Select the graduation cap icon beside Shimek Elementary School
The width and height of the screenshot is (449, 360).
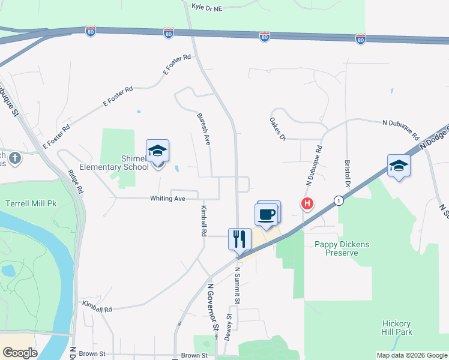[157, 151]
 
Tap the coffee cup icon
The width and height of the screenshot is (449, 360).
[267, 214]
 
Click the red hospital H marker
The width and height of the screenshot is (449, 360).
[307, 205]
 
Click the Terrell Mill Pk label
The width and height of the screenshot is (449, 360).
[31, 204]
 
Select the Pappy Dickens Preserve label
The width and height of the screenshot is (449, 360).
[342, 248]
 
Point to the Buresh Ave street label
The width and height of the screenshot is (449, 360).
[203, 128]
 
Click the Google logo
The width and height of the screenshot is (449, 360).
[20, 353]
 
